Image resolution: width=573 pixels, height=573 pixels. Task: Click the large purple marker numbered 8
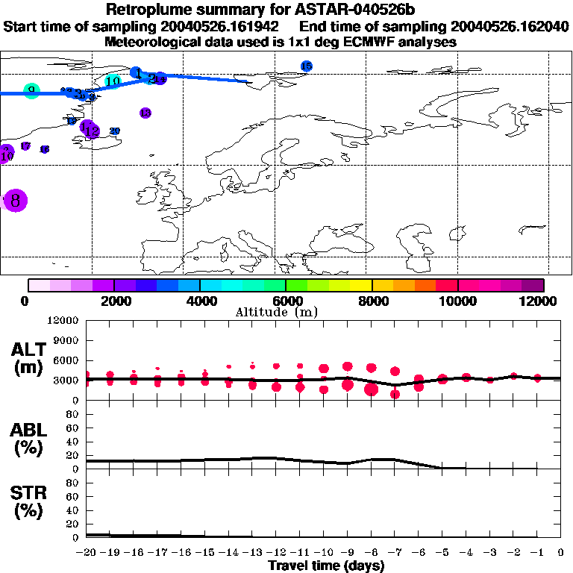[15, 200]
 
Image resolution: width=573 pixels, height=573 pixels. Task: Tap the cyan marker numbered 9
[31, 91]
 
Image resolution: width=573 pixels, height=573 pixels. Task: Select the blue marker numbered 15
[306, 66]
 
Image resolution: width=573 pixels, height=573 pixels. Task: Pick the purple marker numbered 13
[145, 113]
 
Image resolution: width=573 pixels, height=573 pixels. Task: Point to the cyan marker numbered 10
[113, 81]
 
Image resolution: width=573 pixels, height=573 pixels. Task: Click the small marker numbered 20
[115, 131]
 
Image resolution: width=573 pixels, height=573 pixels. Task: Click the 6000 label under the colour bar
[286, 301]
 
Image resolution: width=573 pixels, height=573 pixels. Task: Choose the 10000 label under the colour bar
[457, 301]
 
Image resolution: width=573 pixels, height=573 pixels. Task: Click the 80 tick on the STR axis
[73, 482]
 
